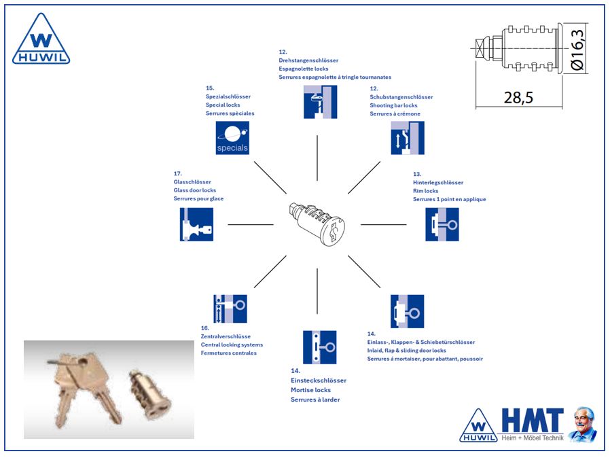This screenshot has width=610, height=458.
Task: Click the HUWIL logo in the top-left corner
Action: (41, 41)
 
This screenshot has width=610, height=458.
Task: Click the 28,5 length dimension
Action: (518, 97)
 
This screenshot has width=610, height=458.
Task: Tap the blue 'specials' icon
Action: (232, 138)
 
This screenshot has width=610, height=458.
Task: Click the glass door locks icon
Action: (197, 224)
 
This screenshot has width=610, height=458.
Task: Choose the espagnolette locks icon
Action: (320, 102)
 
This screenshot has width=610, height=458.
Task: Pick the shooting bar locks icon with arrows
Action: (408, 138)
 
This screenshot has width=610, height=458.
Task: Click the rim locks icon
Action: (442, 224)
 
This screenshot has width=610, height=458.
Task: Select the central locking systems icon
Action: (230, 309)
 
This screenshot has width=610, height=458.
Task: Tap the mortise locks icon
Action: (320, 347)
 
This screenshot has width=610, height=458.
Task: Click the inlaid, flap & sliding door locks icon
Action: (408, 311)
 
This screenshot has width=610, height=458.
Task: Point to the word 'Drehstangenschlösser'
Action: (308, 60)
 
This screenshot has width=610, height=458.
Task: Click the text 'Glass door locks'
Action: (195, 190)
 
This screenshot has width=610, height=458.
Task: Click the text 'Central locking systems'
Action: (232, 345)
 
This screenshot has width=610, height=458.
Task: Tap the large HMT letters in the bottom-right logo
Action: (533, 420)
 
